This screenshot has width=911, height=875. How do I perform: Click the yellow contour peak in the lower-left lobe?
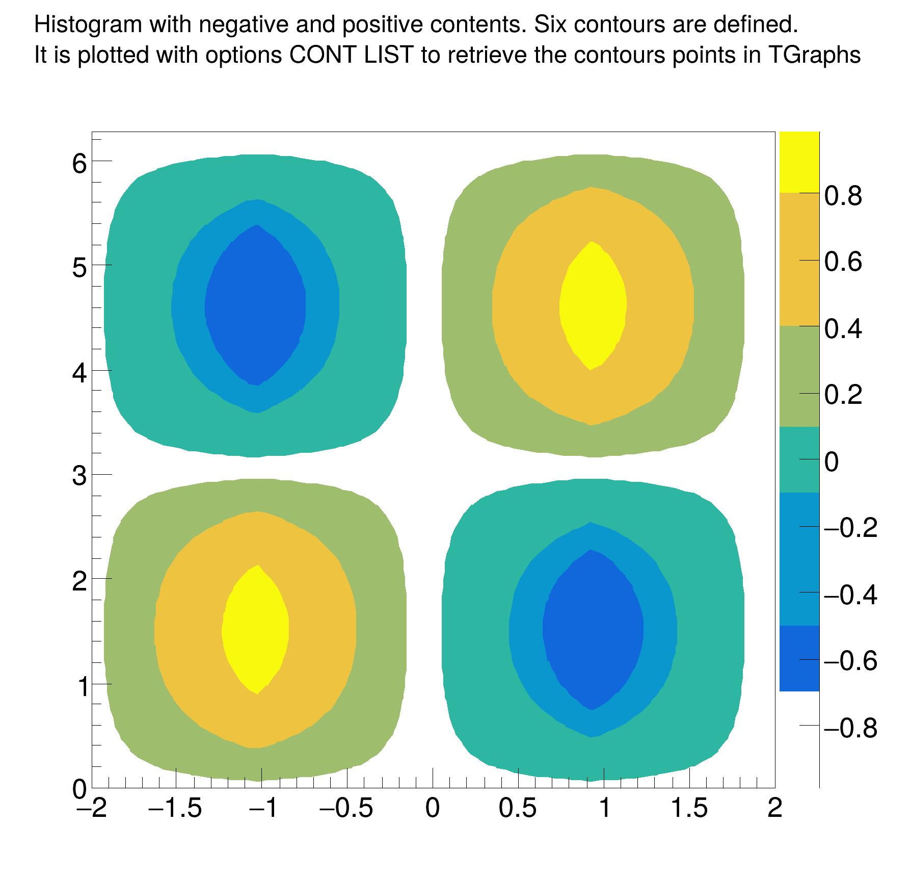tap(255, 630)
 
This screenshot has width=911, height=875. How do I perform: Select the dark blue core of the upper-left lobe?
tap(255, 305)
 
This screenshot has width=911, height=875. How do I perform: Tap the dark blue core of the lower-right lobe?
tap(593, 630)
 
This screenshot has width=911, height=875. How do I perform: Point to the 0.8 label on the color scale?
tap(843, 196)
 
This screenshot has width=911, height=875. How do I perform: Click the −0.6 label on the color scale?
tap(850, 661)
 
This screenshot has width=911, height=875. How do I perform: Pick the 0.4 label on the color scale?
tap(843, 329)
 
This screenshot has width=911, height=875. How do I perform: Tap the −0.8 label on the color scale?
tap(850, 728)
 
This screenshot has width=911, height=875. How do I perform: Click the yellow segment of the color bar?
tap(799, 162)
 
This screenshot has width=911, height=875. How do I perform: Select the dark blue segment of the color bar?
tap(799, 658)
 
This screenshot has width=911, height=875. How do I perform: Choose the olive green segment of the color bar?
tap(799, 376)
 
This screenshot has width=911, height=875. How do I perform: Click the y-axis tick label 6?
tap(79, 164)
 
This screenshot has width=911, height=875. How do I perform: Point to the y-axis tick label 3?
tap(79, 477)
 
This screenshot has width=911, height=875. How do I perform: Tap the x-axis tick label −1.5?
tap(175, 809)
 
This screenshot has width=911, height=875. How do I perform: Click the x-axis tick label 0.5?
tap(518, 809)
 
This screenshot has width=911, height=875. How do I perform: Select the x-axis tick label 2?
tap(774, 809)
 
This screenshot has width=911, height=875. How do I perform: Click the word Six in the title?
tap(550, 24)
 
